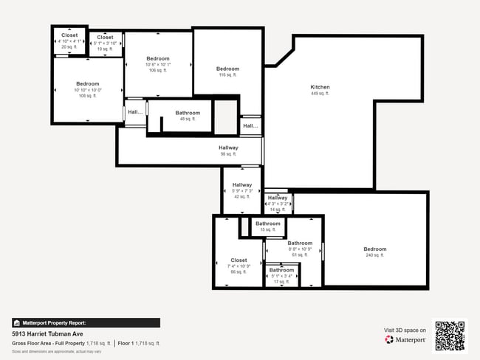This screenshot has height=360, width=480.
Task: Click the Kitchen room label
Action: coord(320,87)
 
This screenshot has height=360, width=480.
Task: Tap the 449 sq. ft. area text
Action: coord(320,94)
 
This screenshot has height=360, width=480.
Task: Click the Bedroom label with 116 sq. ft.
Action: coord(227,69)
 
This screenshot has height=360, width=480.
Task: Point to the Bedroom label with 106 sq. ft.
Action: coord(157,59)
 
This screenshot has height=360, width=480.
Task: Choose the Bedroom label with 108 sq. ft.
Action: coord(87,84)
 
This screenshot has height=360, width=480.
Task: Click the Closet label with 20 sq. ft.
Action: coord(69,35)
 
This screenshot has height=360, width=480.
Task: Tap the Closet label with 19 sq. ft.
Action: coord(105,38)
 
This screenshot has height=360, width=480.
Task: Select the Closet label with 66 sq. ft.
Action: coord(239,260)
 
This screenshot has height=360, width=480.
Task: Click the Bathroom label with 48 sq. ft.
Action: coord(188,113)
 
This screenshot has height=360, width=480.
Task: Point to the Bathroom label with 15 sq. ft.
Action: coord(267,224)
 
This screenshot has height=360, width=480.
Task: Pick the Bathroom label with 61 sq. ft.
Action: coord(299,243)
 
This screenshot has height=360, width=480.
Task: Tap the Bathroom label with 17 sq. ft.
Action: coord(281,270)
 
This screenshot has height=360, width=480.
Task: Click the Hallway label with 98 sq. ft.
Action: coord(228,148)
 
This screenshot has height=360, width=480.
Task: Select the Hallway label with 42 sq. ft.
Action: coord(242,185)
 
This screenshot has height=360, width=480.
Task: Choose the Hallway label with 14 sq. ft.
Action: coord(278,198)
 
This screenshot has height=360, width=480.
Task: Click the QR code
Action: coord(450,335)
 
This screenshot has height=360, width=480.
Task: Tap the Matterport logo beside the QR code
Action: coord(405,340)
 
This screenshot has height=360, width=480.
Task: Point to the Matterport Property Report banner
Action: coord(86,322)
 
